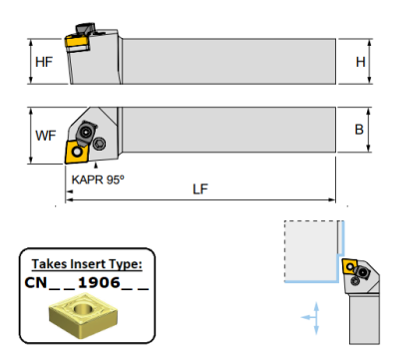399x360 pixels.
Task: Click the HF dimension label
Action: tap(44, 62)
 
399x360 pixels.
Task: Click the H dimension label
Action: tap(360, 62)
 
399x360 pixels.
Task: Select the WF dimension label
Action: tap(46, 136)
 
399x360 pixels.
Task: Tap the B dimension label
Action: tap(359, 130)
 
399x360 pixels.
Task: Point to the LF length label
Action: tap(200, 189)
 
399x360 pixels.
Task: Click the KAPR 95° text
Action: tap(98, 180)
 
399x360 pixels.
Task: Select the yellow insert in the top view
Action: tap(77, 152)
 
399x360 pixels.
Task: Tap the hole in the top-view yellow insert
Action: tap(78, 153)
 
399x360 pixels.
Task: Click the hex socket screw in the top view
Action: tap(99, 144)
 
